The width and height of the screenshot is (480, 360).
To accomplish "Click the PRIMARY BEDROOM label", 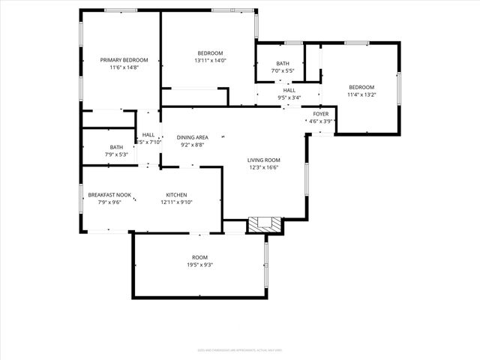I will [124, 60].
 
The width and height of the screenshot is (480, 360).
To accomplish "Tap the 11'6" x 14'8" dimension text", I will [124, 67].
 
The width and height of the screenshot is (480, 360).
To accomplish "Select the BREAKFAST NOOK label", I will [109, 195].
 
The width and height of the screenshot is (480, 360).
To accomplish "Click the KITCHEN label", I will [176, 195].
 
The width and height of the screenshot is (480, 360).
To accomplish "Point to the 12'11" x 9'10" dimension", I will [176, 202].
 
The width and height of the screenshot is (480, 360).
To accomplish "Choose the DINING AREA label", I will [193, 137].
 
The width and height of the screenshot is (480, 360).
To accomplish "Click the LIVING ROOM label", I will [264, 160].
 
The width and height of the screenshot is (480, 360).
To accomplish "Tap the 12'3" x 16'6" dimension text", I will [264, 167].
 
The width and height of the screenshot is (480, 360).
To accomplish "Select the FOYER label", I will [320, 114].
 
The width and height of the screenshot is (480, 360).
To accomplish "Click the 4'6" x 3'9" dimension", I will [320, 121].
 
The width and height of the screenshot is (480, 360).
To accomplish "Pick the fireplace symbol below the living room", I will [265, 223].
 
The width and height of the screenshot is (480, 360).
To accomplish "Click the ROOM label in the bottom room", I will [199, 257].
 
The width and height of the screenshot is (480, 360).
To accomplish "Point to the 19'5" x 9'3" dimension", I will [199, 265].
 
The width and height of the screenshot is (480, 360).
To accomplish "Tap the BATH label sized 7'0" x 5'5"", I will [282, 64].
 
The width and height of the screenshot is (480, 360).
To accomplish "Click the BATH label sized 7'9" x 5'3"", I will [116, 147].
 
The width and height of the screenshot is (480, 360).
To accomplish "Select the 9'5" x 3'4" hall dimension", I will [289, 97].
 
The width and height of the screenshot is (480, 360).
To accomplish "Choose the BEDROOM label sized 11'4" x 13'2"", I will [361, 87].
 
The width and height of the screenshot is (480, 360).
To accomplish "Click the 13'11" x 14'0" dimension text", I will [210, 60].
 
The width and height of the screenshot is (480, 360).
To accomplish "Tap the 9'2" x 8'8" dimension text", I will [193, 145].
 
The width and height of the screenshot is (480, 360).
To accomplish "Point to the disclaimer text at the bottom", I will [240, 349].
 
